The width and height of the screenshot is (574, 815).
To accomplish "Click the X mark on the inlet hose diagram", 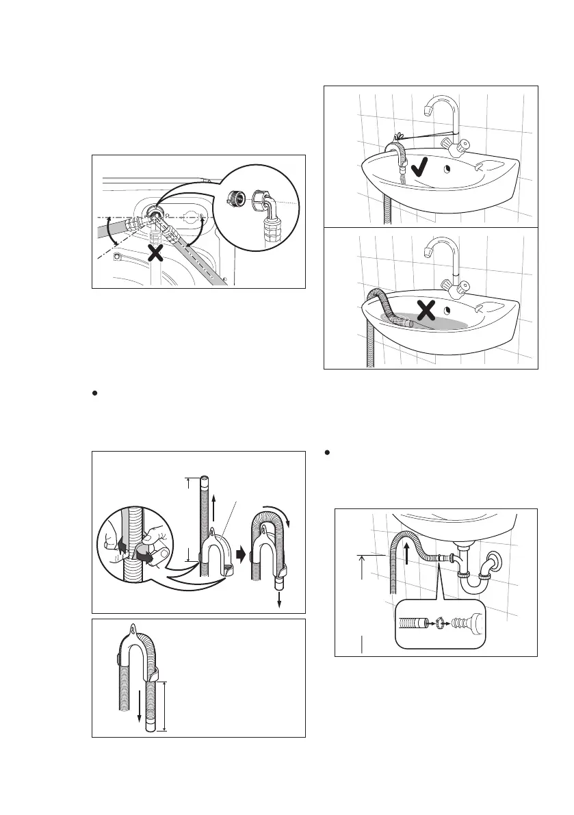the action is point(156,253).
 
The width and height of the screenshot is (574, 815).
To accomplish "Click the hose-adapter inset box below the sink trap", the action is point(439,623).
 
